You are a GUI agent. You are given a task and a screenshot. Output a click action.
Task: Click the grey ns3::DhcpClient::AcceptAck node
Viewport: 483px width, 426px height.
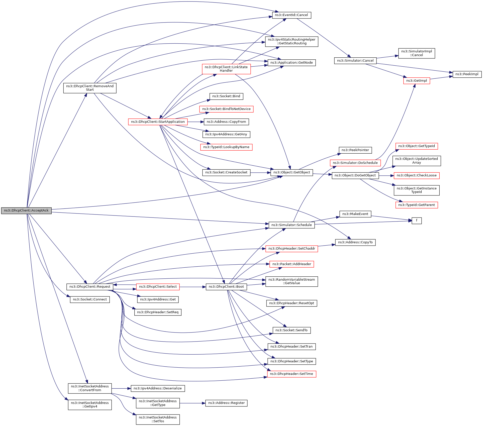[26, 210]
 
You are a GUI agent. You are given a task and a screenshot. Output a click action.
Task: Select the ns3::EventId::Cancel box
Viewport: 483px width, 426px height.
[292, 15]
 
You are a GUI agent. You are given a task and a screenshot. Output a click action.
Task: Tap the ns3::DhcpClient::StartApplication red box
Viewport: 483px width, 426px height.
[158, 122]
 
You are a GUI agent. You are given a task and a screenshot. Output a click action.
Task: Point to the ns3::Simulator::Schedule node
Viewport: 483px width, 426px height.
[292, 225]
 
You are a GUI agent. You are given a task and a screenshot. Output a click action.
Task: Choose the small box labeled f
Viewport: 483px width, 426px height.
[417, 221]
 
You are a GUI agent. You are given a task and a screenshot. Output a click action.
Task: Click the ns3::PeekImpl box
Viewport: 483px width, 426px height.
[467, 74]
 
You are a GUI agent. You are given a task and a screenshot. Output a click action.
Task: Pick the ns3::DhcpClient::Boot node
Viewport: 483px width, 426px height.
[226, 287]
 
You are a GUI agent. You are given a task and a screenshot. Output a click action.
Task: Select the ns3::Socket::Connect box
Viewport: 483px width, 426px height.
[90, 299]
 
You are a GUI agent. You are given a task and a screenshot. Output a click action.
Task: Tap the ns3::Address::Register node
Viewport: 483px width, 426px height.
[226, 403]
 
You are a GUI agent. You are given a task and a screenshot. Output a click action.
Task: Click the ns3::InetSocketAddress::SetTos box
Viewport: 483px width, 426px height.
[158, 419]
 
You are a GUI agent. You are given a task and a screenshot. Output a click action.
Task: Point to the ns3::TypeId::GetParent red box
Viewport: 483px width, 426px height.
[417, 205]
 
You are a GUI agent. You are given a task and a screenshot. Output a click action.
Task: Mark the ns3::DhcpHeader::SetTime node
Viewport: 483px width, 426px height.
[292, 374]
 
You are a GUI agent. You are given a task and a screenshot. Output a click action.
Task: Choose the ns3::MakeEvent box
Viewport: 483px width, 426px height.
[355, 214]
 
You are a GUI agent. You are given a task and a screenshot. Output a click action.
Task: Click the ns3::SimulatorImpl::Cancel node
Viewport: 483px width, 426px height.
[417, 53]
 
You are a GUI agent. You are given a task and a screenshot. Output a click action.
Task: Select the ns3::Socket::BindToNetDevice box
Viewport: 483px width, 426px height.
[226, 109]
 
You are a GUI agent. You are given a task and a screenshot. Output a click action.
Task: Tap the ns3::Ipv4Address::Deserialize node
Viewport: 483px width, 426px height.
[158, 388]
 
